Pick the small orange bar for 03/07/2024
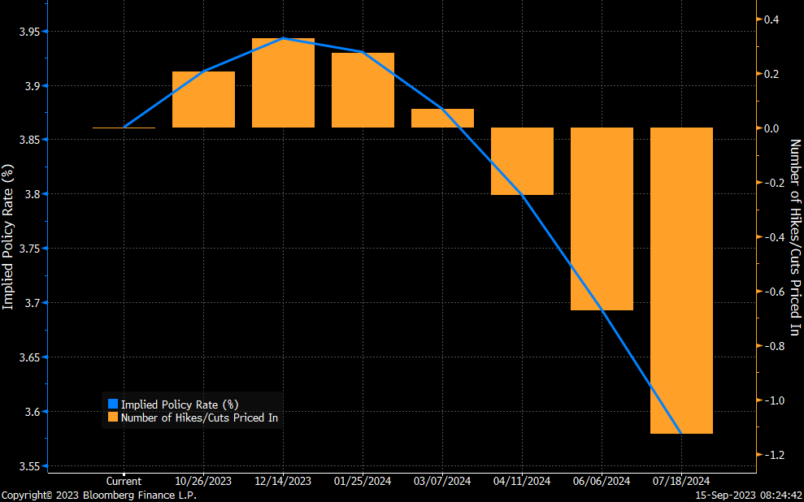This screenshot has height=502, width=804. click(442, 119)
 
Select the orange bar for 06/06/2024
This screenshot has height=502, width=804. click(602, 219)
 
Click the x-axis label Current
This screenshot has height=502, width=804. click(124, 481)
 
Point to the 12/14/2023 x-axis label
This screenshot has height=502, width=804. click(283, 481)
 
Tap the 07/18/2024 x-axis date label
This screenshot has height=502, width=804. click(681, 481)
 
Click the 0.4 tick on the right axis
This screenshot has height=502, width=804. click(770, 19)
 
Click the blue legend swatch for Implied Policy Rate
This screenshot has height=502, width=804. click(113, 405)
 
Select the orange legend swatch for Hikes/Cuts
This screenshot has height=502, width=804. click(113, 418)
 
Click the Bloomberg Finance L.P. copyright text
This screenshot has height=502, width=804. click(98, 495)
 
